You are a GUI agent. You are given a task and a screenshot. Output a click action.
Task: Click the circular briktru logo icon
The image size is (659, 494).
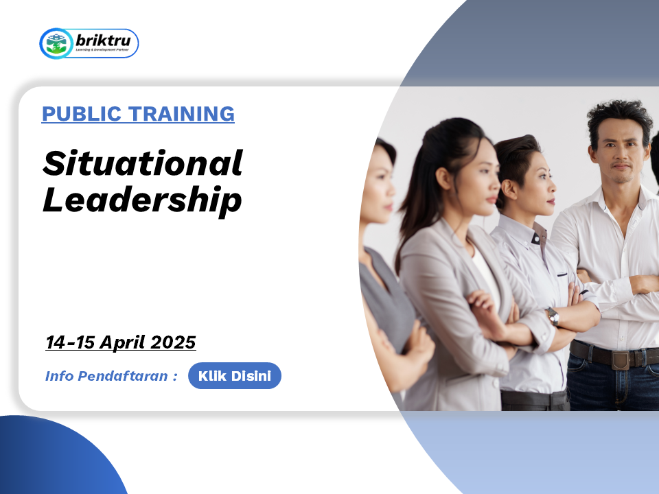[x=56, y=43]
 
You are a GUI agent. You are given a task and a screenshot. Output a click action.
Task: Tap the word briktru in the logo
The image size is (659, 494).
[x=103, y=40]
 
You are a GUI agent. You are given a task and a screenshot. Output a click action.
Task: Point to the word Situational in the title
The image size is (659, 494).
[x=143, y=163]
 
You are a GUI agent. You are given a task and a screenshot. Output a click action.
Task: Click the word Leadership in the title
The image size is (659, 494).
[x=143, y=201]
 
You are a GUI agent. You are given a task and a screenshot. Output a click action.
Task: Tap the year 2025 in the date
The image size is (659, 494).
[x=173, y=342]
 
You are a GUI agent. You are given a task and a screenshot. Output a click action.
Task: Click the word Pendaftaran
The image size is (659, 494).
[x=123, y=375]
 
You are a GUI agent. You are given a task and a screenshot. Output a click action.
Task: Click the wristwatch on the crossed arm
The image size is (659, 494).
[x=553, y=316]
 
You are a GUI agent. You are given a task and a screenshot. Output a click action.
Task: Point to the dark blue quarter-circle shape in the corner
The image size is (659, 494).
[x=59, y=458]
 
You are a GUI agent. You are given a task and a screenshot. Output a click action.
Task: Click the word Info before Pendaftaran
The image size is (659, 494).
[x=59, y=375]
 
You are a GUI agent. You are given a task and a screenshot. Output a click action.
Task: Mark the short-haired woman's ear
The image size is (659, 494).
[x=509, y=189]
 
